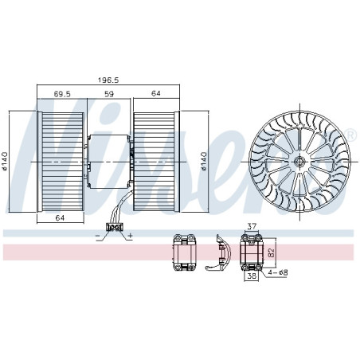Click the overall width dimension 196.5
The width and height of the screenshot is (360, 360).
click(109, 80)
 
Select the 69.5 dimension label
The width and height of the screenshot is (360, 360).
click(63, 94)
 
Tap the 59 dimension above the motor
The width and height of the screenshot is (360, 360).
click(108, 94)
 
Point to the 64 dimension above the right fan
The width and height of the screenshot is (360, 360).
click(157, 94)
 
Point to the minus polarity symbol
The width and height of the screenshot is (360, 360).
click(98, 237)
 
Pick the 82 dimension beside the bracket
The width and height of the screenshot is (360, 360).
click(271, 252)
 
